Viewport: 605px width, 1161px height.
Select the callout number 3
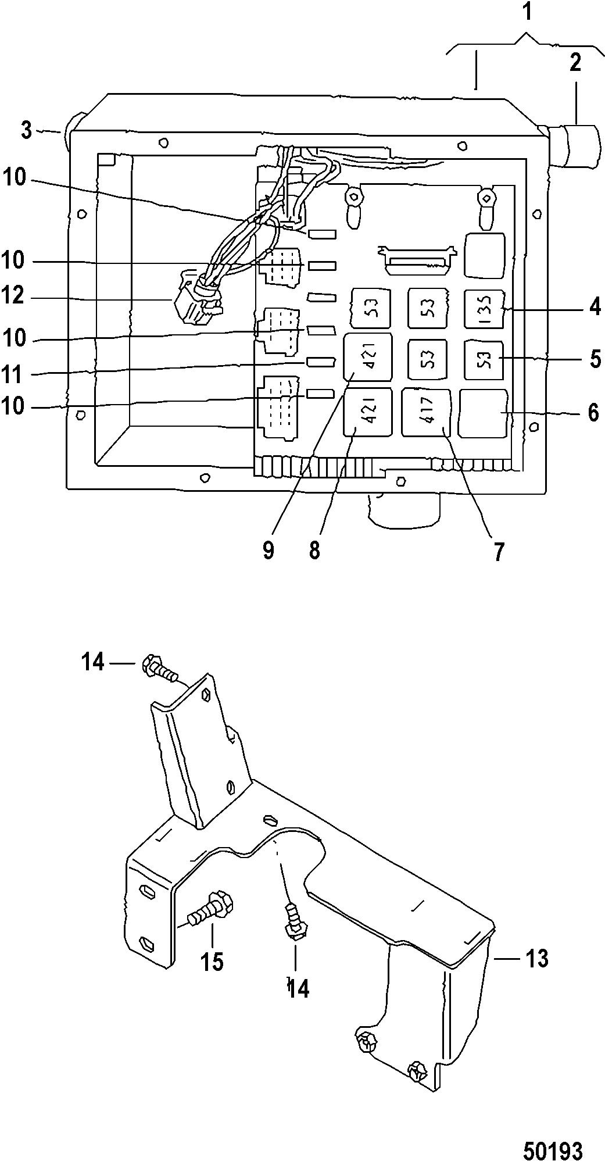point(26,130)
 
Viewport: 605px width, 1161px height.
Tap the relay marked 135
point(484,309)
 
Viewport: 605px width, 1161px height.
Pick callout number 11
point(12,374)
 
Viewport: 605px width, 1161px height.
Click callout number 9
point(268,550)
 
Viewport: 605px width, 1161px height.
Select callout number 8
point(314,550)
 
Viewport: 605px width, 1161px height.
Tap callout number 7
point(499,552)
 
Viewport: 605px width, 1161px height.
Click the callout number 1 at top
point(527,12)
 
